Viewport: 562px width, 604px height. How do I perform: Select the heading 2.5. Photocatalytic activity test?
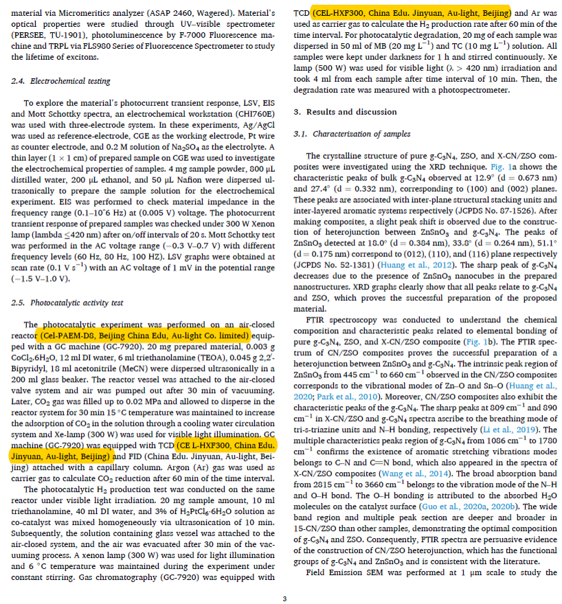(x=67, y=302)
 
